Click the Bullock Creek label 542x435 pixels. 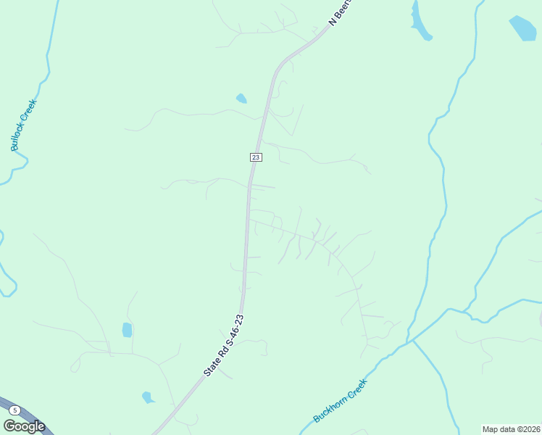tap(24, 125)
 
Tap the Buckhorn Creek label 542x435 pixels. tap(341, 401)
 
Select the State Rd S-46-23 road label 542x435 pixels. tap(224, 345)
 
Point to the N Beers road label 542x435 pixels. tap(340, 12)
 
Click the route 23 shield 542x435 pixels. tap(255, 157)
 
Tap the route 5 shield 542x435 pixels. tap(15, 410)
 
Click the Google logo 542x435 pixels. tap(24, 426)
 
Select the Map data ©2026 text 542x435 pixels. tap(511, 429)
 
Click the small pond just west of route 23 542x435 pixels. tap(241, 99)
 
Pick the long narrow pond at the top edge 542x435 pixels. tap(420, 20)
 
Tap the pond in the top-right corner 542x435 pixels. tap(522, 28)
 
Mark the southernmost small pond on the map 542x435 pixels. tap(148, 397)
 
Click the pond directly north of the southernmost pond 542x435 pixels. tap(128, 330)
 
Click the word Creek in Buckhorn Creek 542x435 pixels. tap(357, 389)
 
